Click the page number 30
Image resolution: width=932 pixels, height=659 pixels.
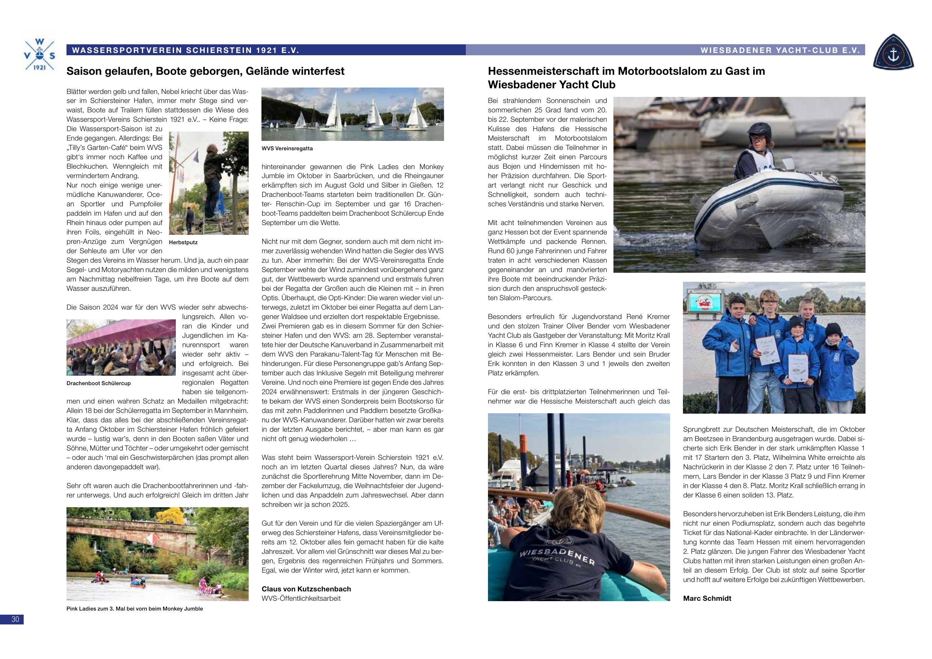pyautogui.click(x=15, y=619)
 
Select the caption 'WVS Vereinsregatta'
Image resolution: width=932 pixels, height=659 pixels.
pyautogui.click(x=287, y=149)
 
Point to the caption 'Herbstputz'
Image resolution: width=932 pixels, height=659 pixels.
pyautogui.click(x=183, y=242)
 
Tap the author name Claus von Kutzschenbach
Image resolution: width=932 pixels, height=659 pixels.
pyautogui.click(x=306, y=589)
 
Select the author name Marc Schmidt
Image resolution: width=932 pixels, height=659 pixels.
pyautogui.click(x=707, y=598)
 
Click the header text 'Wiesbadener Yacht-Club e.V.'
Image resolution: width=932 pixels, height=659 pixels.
pyautogui.click(x=780, y=50)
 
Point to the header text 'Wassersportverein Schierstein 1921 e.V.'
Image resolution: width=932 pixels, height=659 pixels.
pyautogui.click(x=185, y=50)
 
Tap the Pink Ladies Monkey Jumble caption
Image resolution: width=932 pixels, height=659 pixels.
pyautogui.click(x=134, y=609)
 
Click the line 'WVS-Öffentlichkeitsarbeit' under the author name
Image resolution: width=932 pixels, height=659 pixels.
pyautogui.click(x=301, y=598)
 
